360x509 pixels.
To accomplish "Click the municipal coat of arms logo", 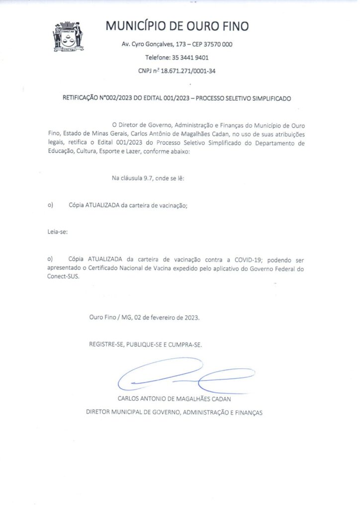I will tap(68, 36).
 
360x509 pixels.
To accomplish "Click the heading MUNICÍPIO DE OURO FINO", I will tap(177, 26).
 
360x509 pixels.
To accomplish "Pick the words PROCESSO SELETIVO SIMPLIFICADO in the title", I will tap(243, 98).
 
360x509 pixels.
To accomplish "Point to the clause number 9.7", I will tap(150, 178).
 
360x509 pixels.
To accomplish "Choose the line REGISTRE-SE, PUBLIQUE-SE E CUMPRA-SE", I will tap(146, 344).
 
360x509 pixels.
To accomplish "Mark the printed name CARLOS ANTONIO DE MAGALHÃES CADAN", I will tap(175, 399).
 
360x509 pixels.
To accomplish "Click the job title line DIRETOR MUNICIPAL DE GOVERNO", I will tap(174, 412).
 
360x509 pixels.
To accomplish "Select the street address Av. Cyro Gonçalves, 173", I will tap(152, 44).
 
